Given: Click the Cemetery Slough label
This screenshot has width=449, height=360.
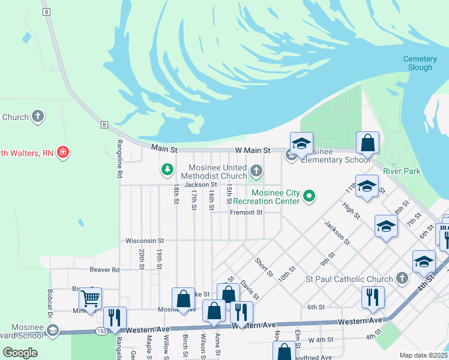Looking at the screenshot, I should (420, 63).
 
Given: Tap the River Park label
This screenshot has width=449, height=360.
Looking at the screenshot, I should (402, 171).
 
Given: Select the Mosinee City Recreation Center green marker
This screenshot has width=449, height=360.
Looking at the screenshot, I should (309, 196).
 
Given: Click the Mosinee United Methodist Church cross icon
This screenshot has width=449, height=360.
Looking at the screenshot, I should (256, 172).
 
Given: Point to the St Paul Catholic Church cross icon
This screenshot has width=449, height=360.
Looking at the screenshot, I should (402, 278).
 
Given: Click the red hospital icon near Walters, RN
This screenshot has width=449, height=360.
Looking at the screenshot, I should (62, 153).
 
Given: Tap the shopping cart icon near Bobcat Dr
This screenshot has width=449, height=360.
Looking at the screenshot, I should (90, 298).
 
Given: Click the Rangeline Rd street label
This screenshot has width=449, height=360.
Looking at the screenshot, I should (120, 159).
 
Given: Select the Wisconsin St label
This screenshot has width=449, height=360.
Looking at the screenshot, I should (141, 241).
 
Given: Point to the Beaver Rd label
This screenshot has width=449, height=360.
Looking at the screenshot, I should (104, 270).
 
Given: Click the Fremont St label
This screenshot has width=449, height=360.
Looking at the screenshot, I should (246, 212).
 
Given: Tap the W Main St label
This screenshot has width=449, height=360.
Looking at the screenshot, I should (253, 150).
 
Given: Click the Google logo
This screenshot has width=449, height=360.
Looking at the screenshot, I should (20, 353).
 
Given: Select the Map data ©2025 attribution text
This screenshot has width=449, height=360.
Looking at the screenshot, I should (423, 355).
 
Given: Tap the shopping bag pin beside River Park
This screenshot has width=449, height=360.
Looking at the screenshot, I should (367, 143).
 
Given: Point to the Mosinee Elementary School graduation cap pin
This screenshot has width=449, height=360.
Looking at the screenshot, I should (301, 143).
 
